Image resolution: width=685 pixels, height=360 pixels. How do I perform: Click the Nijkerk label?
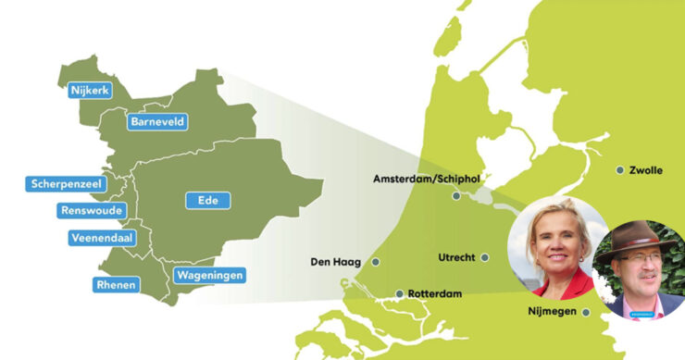pos(89,90)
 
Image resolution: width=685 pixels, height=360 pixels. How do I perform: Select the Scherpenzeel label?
pos(66,184)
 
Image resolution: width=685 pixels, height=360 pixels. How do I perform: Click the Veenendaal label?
pos(103,238)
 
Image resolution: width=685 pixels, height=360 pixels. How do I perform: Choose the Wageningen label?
pos(208,275)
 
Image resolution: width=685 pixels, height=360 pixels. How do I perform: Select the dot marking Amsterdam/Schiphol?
pos(455,196)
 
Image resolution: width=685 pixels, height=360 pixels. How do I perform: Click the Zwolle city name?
pos(645,170)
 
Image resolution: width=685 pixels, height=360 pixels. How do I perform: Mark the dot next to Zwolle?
pos(619,169)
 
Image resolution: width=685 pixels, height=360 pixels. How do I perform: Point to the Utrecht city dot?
pos(485,257)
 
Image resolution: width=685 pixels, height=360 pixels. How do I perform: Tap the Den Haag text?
pos(337,262)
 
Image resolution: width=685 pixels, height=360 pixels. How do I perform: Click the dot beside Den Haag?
pos(375,262)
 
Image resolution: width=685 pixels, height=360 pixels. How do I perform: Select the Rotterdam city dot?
pos(400,294)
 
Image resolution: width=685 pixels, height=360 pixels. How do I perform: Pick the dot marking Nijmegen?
pos(586,312)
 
